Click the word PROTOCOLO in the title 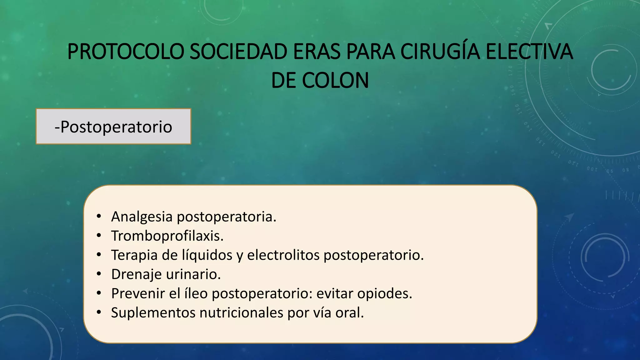tap(125, 52)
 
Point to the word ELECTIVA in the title tap(529, 52)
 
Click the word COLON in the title tap(335, 81)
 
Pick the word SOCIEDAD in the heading tap(238, 52)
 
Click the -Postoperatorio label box tap(113, 127)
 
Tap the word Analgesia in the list tap(142, 217)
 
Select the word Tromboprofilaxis tap(167, 236)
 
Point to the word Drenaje tap(136, 274)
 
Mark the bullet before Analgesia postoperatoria tap(99, 216)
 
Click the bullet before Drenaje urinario tap(99, 274)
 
